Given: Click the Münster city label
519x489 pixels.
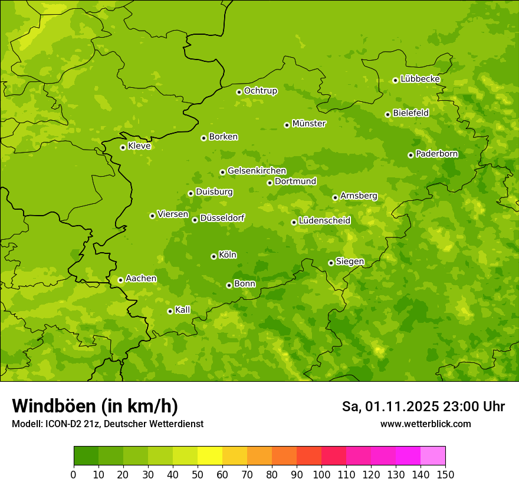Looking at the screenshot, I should [309, 124].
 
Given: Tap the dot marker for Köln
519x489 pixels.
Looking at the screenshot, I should [213, 256].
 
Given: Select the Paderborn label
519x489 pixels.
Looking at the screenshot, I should [437, 154].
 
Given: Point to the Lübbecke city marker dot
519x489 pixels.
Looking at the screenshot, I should [395, 80].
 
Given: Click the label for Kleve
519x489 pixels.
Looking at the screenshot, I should [139, 146].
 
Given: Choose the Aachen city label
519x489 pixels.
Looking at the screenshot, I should [141, 279].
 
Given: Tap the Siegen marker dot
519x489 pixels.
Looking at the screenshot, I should [331, 263].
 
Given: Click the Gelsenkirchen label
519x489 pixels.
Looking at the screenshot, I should [257, 171].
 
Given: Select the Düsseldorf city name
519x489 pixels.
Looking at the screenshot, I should [222, 218].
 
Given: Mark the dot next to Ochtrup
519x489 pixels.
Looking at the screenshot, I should [239, 92].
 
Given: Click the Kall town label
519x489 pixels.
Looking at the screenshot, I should [183, 310].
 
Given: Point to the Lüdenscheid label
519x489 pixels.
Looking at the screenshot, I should [324, 221].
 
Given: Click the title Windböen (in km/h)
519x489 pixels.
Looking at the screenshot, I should [95, 406].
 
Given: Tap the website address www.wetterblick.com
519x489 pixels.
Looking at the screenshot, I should [425, 424].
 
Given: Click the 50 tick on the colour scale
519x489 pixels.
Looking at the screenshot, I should [198, 475].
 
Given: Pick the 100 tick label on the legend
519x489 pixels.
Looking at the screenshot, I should [321, 475].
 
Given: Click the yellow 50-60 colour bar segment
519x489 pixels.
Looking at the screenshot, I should [210, 456].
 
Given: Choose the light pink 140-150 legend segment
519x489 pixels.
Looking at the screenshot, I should [433, 456].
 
